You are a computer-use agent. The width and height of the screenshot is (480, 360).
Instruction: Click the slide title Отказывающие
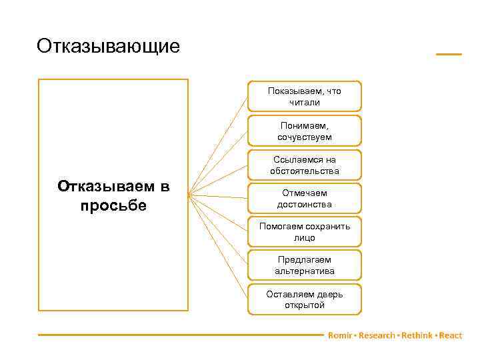(109, 46)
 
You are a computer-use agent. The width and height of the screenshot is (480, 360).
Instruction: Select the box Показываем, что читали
(305, 96)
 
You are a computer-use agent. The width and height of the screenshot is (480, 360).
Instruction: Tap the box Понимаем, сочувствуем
(305, 131)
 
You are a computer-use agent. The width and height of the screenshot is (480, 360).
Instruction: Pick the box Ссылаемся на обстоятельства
(305, 165)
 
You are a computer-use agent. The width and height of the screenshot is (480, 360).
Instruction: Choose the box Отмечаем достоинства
(305, 199)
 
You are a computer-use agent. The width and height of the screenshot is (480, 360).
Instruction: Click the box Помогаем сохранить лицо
(305, 231)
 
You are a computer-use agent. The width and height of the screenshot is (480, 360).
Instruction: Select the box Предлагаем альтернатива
(305, 265)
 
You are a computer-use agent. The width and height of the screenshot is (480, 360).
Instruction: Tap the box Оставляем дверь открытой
(305, 299)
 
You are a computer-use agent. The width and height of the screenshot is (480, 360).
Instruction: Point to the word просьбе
(113, 205)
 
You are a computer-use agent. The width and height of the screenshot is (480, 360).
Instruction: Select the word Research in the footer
(377, 335)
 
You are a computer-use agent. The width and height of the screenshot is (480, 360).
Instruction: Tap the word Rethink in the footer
(417, 335)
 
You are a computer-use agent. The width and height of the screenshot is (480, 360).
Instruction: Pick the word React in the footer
(451, 335)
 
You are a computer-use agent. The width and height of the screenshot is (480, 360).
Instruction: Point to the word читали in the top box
(305, 102)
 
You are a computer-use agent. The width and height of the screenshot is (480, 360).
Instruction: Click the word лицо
(305, 237)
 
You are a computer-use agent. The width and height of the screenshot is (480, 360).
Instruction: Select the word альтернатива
(305, 271)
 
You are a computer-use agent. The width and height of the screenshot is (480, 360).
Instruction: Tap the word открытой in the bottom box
(305, 305)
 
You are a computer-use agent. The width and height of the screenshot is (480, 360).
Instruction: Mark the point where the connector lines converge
(189, 195)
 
